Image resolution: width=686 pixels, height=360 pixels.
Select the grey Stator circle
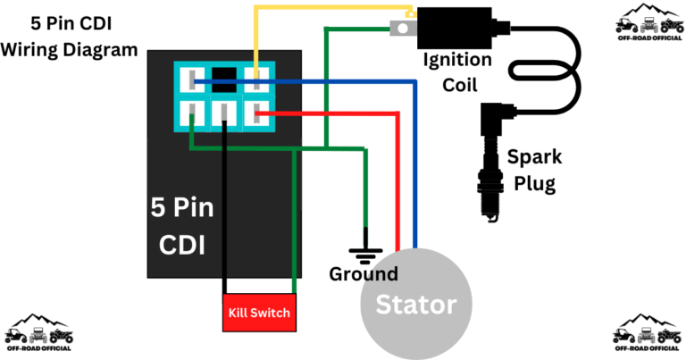416,304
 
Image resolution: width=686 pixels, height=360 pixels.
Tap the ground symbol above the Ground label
365,253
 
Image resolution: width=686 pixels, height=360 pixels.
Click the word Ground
364,274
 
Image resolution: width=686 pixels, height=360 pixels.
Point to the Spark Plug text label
534,171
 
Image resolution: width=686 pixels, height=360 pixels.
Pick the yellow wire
330,9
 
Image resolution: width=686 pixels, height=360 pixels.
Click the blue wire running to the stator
415,161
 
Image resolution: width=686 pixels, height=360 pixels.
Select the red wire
397,179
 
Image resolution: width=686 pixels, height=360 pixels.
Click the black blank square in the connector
224,78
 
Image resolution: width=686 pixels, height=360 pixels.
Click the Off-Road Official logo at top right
649,24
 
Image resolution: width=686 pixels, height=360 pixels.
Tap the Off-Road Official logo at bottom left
38,331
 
